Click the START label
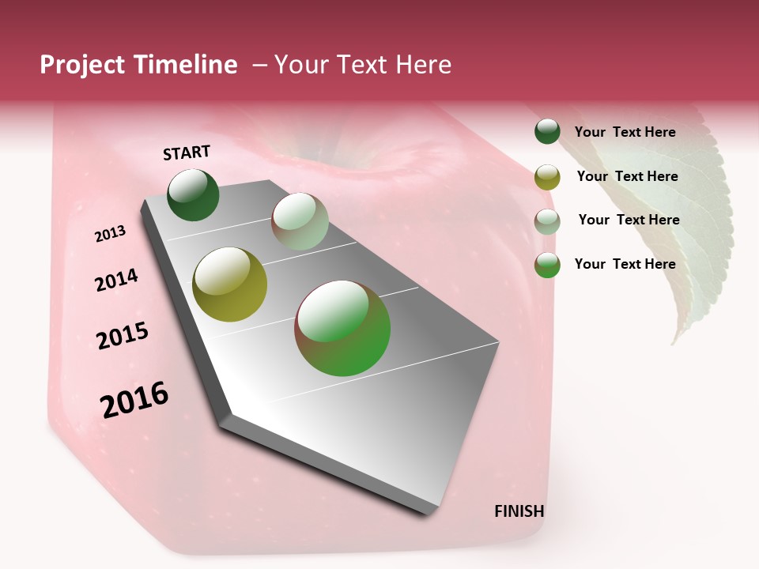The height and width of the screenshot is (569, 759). [187, 153]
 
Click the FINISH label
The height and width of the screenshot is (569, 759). [519, 511]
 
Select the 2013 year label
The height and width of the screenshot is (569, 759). [111, 234]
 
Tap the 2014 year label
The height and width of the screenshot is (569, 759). [116, 281]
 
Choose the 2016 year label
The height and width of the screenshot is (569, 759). [134, 400]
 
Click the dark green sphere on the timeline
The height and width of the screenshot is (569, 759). [193, 194]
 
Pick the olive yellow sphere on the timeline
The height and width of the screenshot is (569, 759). [229, 284]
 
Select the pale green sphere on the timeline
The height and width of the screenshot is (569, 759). [300, 221]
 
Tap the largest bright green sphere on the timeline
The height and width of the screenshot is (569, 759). [342, 328]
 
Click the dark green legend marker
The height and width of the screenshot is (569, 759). [547, 132]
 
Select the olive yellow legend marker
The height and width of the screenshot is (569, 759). [547, 177]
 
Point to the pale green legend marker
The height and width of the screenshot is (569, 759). [547, 221]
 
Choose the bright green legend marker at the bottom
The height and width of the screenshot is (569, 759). [547, 265]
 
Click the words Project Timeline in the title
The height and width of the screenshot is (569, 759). [138, 65]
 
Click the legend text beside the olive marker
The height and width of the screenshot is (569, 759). [627, 176]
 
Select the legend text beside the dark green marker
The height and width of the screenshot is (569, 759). [625, 132]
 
